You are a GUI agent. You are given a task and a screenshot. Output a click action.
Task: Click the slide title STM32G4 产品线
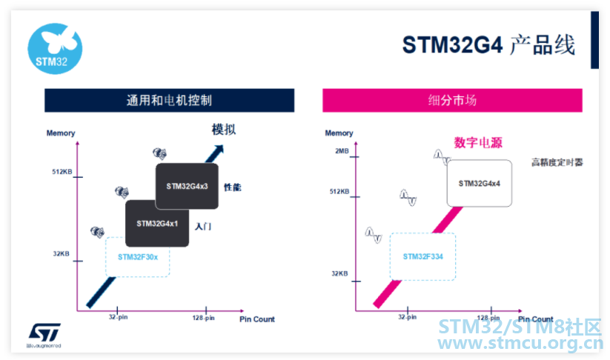point(488,45)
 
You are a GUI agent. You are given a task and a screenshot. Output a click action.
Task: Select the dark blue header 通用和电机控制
point(169,100)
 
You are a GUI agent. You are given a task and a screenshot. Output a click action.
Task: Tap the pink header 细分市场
point(452,100)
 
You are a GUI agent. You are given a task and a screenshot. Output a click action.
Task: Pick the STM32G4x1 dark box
point(156,223)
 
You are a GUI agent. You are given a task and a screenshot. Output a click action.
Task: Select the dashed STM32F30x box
point(139,256)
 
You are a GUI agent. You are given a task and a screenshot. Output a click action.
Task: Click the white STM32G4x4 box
point(480,182)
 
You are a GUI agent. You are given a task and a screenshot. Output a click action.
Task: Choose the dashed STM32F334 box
point(422,256)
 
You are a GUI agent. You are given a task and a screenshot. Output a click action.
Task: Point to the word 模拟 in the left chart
point(224,130)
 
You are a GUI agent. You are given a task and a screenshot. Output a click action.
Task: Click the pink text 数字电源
point(478,142)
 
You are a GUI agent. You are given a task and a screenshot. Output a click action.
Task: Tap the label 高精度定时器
point(557,162)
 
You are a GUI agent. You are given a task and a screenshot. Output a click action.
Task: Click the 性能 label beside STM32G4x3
point(233,187)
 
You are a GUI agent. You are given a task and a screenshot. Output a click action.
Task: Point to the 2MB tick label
point(341,151)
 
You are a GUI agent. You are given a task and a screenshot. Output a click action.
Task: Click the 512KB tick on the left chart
point(62,172)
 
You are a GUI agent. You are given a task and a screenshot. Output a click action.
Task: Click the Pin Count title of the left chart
point(256,319)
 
